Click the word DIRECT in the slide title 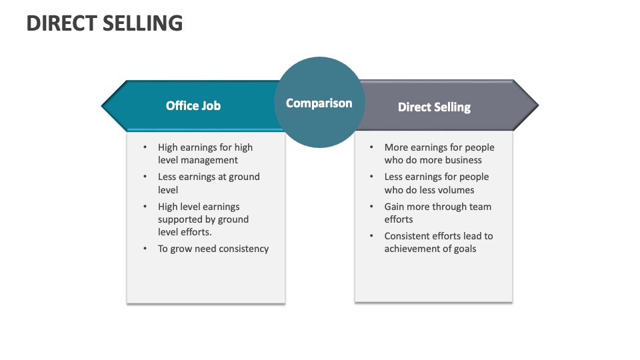point(61,23)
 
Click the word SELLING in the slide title point(143,23)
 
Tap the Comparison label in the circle point(319,103)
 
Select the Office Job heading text point(193,105)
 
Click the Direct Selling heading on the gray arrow point(434,107)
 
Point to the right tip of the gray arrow point(537,105)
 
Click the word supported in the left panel point(180,219)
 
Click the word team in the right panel point(480,207)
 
